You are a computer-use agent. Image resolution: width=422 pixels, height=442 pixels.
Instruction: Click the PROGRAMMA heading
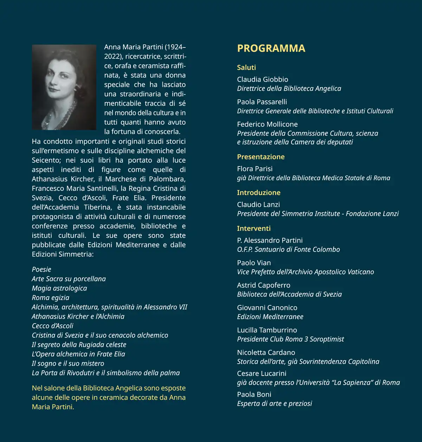(271, 48)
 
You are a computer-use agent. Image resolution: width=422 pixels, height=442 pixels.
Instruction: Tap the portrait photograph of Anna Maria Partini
(64, 87)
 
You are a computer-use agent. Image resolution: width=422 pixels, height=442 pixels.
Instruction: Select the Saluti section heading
(246, 67)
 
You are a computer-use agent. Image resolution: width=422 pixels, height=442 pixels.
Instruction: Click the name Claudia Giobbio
(262, 79)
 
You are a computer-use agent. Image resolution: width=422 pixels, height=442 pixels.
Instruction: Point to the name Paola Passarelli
(262, 102)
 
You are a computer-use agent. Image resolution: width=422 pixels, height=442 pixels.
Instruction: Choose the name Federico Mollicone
(267, 124)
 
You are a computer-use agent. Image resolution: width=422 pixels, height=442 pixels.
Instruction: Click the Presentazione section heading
(261, 157)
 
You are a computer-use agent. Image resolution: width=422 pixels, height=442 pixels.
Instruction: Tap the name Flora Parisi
(255, 169)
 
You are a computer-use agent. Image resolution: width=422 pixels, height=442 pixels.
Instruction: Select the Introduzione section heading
(258, 193)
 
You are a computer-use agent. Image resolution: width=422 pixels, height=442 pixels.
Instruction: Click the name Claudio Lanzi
(258, 204)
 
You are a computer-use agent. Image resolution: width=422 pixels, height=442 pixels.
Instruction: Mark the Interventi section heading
(254, 228)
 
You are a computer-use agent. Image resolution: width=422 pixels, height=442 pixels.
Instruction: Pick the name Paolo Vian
(254, 263)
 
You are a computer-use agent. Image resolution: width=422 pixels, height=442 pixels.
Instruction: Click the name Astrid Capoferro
(263, 285)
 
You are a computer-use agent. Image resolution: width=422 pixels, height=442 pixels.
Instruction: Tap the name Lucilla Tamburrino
(267, 330)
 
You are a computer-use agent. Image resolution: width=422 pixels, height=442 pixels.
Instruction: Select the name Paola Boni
(254, 395)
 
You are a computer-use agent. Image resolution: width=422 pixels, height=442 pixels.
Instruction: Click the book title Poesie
(41, 269)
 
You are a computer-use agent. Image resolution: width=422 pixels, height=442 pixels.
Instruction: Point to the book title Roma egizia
(50, 298)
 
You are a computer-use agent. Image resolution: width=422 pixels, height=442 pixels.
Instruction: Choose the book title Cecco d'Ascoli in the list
(52, 326)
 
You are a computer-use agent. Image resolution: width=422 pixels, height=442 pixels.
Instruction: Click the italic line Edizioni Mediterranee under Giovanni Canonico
(270, 317)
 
